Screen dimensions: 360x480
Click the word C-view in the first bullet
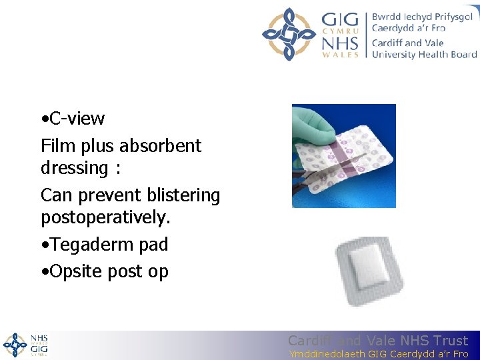point(77,119)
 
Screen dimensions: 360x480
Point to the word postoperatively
point(103,218)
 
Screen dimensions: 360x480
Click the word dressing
point(73,169)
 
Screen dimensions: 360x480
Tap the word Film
point(55,146)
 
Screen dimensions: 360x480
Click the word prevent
point(102,195)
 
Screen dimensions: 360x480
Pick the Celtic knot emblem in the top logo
point(288,34)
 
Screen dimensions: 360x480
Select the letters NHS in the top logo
point(340,43)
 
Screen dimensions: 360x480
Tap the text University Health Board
point(424,54)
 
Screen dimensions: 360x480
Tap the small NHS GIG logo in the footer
point(25,345)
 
